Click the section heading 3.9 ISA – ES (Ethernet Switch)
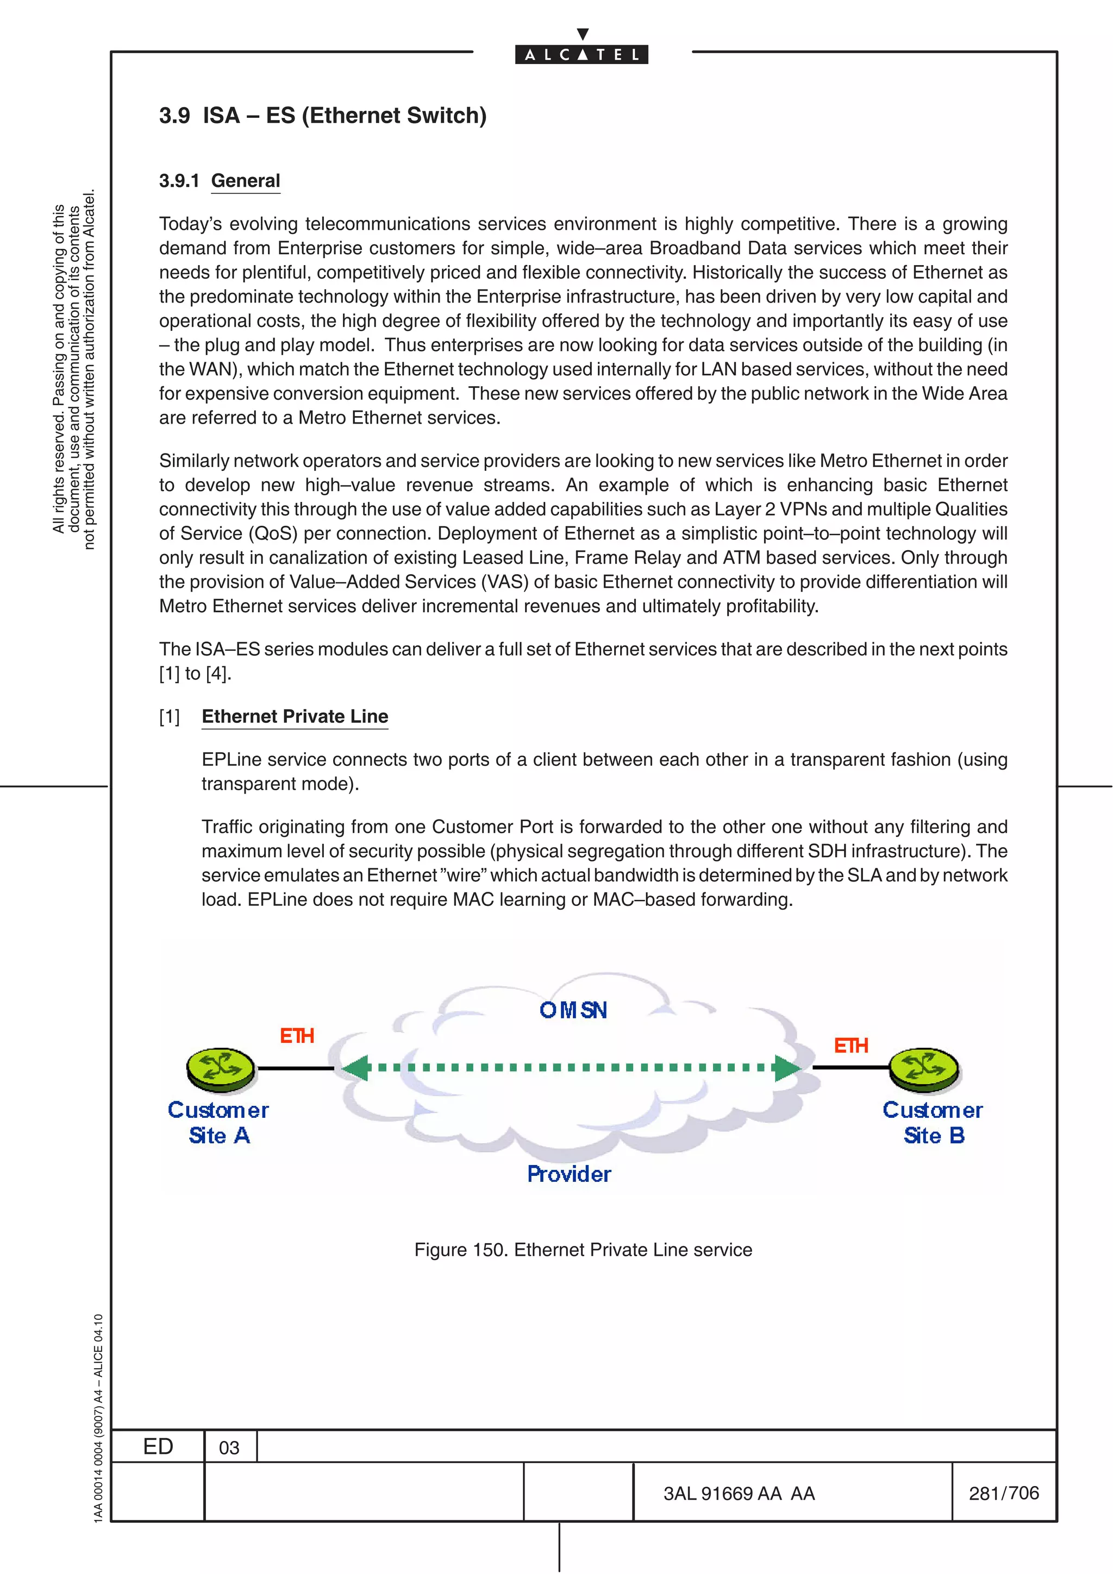[x=322, y=115]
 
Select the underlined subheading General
[x=246, y=180]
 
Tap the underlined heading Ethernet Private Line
[x=295, y=716]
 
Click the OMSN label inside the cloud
[x=573, y=1010]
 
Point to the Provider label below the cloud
[x=568, y=1174]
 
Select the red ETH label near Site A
[x=297, y=1035]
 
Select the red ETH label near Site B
[x=851, y=1046]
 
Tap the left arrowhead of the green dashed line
[x=356, y=1067]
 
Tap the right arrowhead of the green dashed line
[x=787, y=1067]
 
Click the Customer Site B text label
[x=933, y=1122]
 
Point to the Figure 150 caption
[x=583, y=1250]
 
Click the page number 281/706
[x=1003, y=1493]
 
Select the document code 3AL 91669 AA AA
[x=739, y=1494]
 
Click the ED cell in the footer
[x=158, y=1446]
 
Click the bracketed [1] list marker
[x=170, y=717]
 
